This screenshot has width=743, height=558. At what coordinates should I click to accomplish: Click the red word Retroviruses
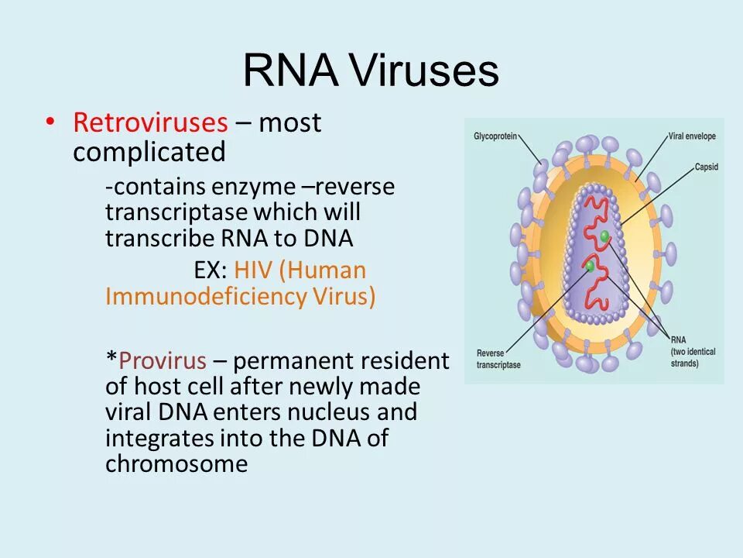[x=150, y=122]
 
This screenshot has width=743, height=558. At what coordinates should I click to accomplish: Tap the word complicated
[x=149, y=153]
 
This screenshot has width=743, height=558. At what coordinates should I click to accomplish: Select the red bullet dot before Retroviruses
[x=50, y=122]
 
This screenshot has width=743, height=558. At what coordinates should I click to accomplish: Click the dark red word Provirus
[x=163, y=360]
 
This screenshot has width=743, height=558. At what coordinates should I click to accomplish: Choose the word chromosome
[x=176, y=464]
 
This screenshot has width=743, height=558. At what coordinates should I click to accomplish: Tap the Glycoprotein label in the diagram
[x=495, y=136]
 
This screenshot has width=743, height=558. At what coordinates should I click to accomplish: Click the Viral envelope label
[x=692, y=136]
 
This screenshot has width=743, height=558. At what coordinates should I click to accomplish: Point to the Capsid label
[x=707, y=167]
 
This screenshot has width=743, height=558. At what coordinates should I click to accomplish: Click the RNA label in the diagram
[x=678, y=339]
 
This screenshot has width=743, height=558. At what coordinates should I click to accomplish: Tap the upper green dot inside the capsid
[x=604, y=236]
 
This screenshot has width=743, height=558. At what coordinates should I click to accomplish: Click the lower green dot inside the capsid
[x=590, y=266]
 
